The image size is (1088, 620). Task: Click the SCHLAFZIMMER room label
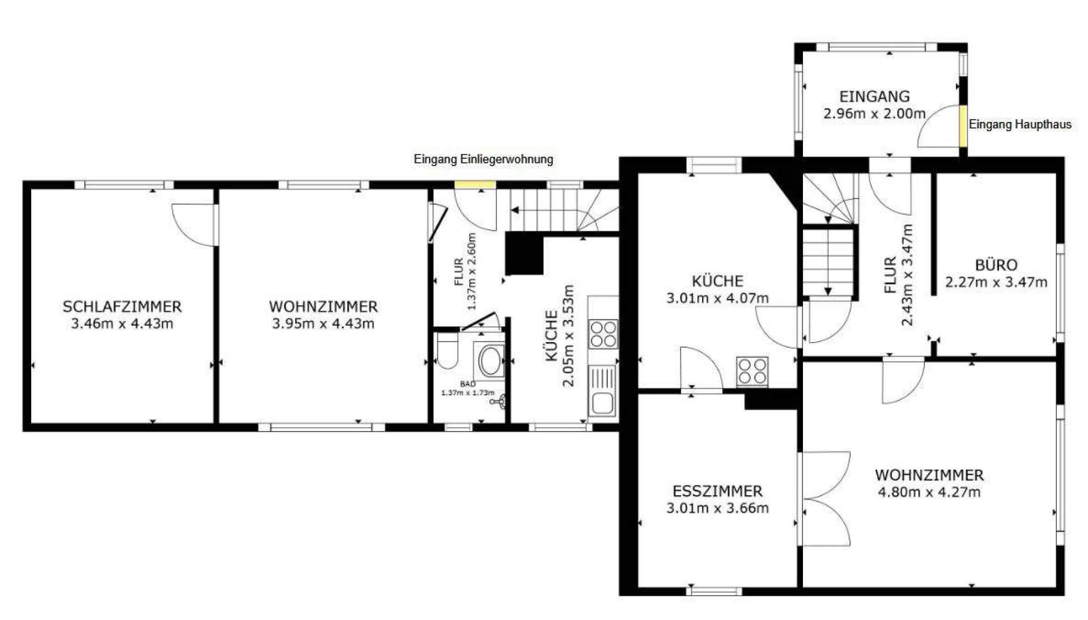tap(122, 307)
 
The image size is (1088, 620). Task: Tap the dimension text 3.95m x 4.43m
tap(323, 324)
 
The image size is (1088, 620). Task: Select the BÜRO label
tap(996, 265)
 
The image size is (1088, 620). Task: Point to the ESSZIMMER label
tap(717, 491)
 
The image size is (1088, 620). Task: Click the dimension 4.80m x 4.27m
tap(929, 492)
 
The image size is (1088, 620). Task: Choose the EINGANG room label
tap(874, 96)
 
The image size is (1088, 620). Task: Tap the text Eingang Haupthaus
tap(1020, 124)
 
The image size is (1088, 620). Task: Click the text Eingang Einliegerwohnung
tap(483, 159)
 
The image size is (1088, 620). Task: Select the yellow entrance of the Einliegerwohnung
tap(475, 184)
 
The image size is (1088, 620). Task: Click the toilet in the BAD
tap(448, 350)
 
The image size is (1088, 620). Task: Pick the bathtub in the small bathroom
tap(490, 361)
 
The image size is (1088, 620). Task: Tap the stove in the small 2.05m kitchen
tap(603, 334)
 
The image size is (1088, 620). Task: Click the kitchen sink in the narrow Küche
tap(602, 392)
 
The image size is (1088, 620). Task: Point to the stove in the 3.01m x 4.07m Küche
tap(752, 372)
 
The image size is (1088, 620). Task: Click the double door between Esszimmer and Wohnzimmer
tap(824, 499)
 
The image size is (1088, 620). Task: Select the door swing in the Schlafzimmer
tap(194, 225)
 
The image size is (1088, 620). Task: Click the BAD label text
tap(467, 384)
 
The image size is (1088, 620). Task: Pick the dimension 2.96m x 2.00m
tap(874, 113)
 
